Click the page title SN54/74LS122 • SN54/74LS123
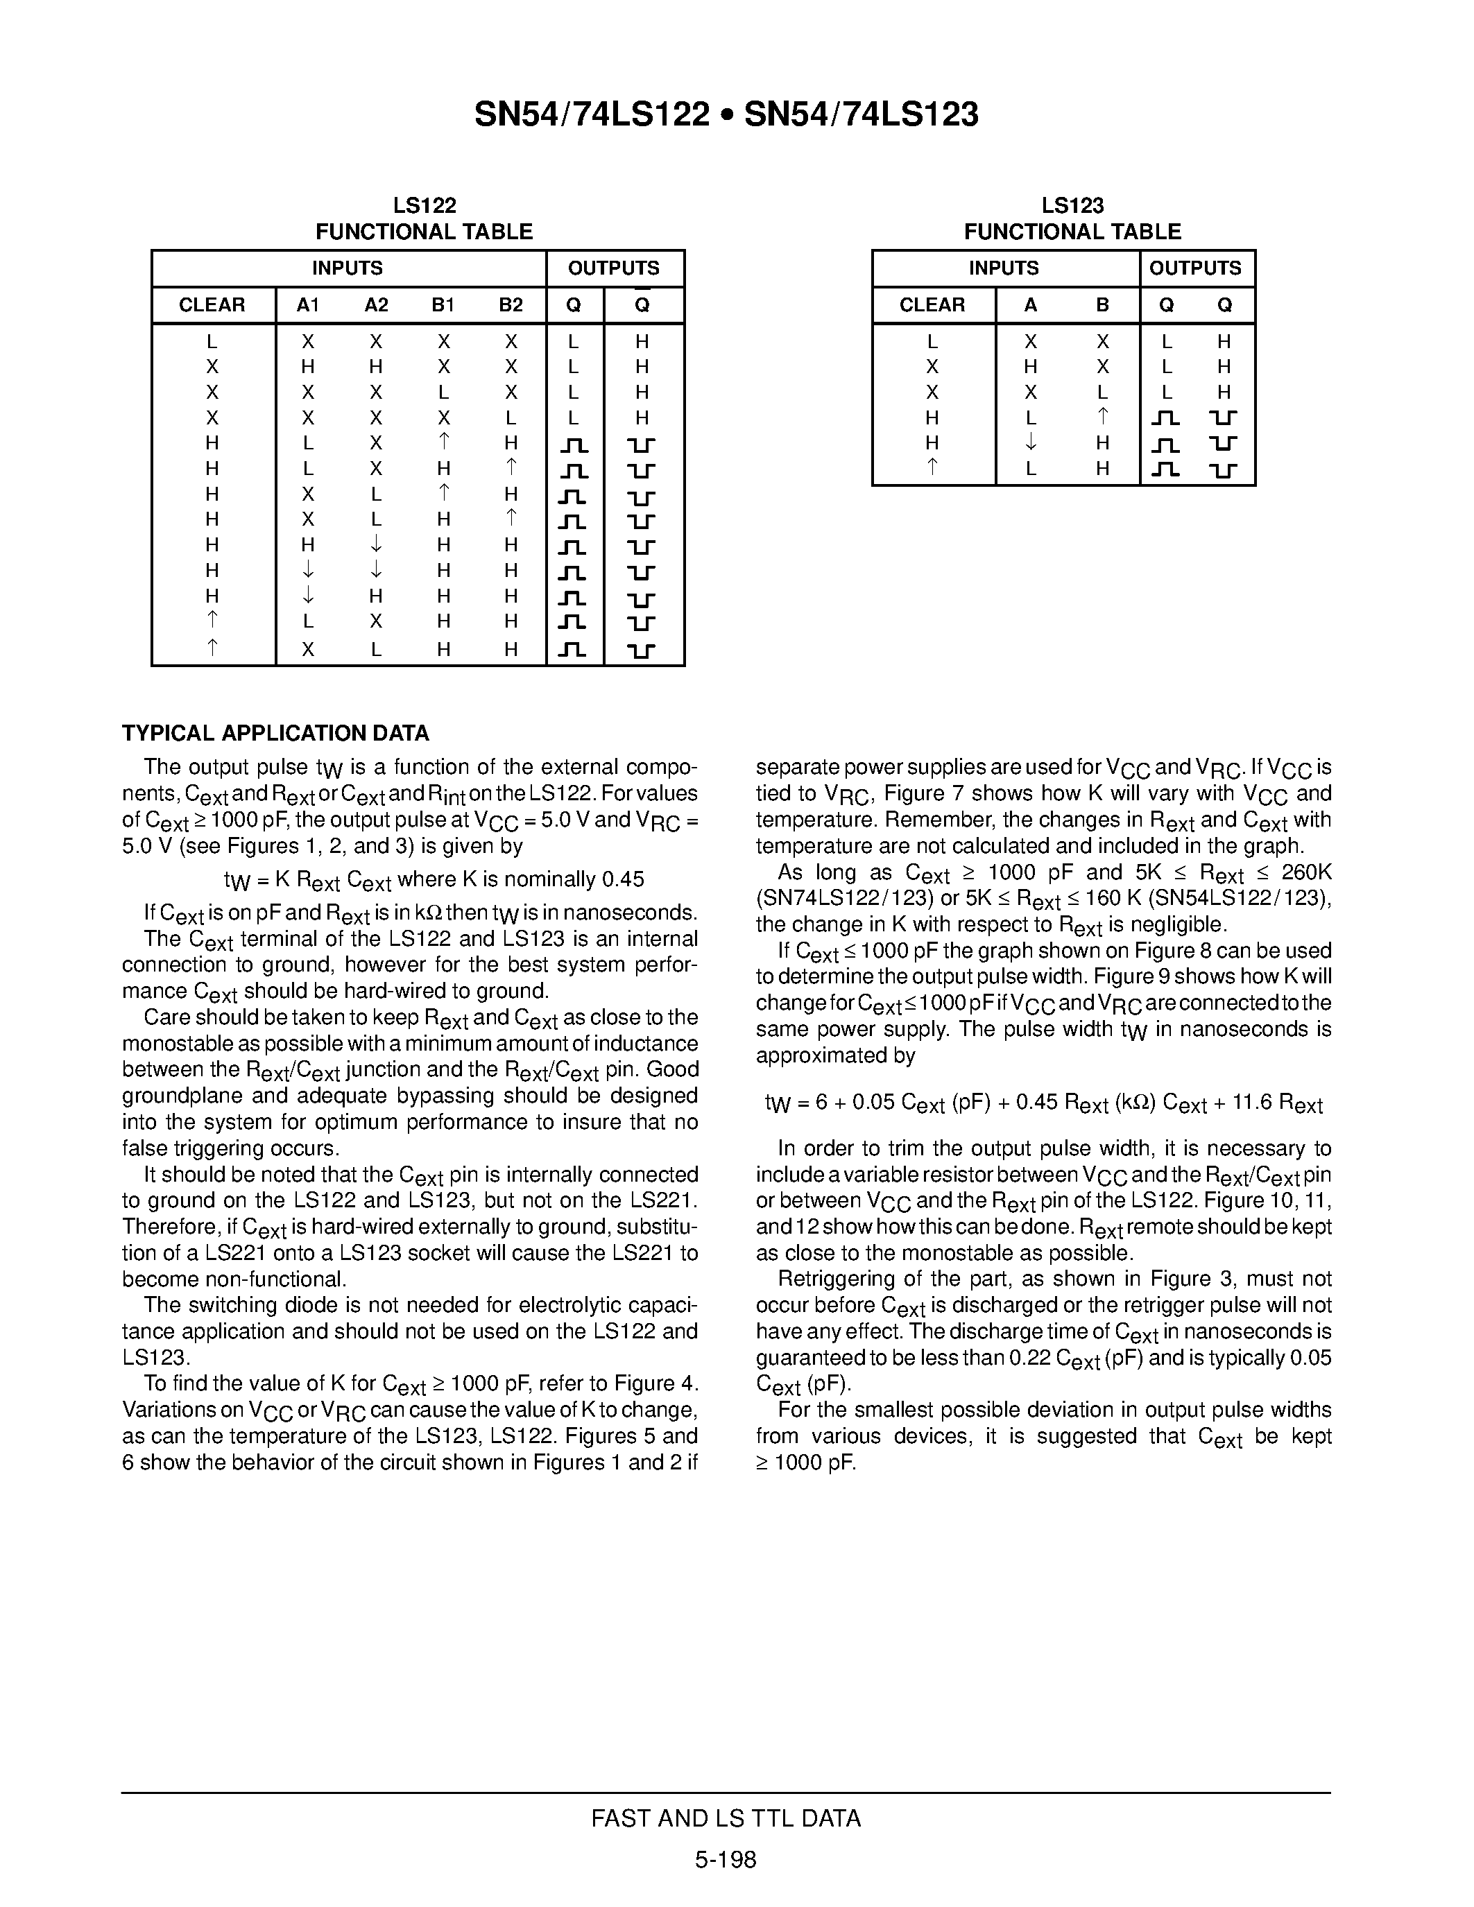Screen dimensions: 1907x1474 pos(726,114)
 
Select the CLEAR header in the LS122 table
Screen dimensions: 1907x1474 pos(212,304)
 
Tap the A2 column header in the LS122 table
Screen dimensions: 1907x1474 pos(377,304)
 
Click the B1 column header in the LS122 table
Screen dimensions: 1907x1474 pos(444,304)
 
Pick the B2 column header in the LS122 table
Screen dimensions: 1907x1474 pos(511,304)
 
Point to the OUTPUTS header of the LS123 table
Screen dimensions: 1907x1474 pos(1194,268)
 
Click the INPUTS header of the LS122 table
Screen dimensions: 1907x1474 pos(348,268)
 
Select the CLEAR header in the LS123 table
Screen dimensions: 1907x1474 pos(932,304)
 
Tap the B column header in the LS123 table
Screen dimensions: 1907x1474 pos(1103,304)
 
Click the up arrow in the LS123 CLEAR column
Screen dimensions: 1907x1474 pos(932,467)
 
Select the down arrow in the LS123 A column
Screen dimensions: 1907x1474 pos(1030,442)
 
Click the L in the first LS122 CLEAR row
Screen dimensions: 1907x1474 pos(212,341)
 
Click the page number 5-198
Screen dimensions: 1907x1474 pos(726,1859)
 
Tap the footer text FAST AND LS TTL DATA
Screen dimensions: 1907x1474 pos(726,1818)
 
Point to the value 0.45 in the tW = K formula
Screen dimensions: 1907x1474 pos(623,879)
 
